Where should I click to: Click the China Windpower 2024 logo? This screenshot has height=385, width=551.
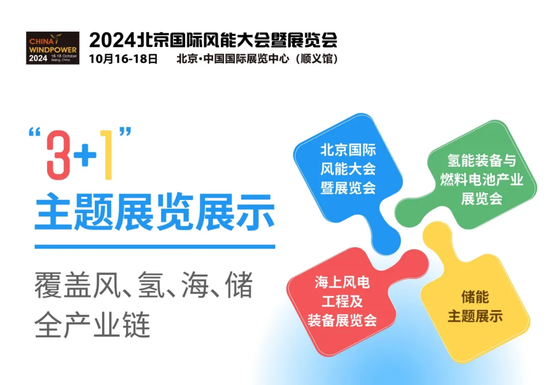(53, 47)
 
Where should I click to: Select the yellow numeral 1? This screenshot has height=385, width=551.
(106, 156)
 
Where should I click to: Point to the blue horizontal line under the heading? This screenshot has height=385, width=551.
(155, 247)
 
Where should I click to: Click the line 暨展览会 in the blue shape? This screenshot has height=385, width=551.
(348, 187)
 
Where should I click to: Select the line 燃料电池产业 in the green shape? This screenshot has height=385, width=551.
(482, 180)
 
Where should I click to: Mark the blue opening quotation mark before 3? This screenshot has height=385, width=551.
(35, 135)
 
